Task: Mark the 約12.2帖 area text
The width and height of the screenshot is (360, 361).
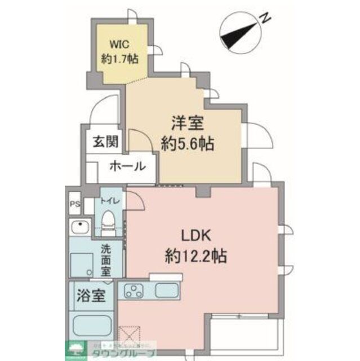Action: click(x=195, y=257)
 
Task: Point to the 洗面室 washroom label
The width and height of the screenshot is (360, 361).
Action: click(x=105, y=259)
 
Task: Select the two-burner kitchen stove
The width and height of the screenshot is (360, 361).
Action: click(x=135, y=291)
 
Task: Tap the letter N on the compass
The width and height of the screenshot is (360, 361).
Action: click(x=264, y=18)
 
